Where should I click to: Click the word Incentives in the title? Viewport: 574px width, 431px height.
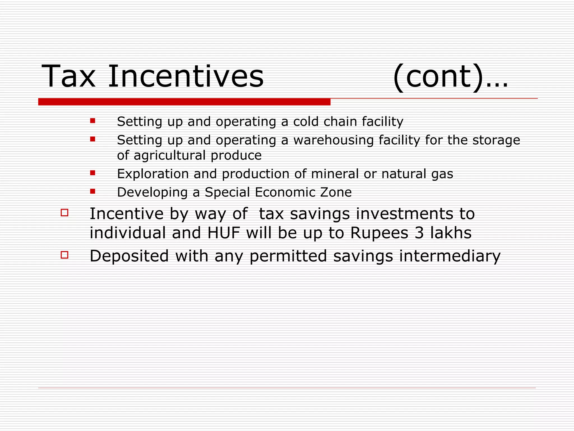pyautogui.click(x=186, y=76)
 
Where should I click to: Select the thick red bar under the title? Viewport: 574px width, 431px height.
pyautogui.click(x=184, y=102)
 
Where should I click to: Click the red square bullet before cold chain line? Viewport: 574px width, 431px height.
pyautogui.click(x=93, y=121)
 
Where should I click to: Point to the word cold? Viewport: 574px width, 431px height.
pyautogui.click(x=306, y=121)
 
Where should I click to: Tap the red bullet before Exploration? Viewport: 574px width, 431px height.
pyautogui.click(x=93, y=173)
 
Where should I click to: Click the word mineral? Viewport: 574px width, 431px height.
pyautogui.click(x=335, y=174)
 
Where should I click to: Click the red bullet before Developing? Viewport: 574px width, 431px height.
pyautogui.click(x=93, y=191)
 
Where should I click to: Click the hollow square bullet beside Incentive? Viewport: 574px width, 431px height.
pyautogui.click(x=64, y=213)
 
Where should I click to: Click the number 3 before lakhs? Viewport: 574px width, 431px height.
pyautogui.click(x=419, y=233)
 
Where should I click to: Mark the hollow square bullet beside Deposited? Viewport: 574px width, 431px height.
pyautogui.click(x=64, y=255)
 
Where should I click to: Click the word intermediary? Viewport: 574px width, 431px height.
pyautogui.click(x=450, y=256)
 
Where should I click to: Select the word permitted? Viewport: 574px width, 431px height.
pyautogui.click(x=288, y=256)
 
